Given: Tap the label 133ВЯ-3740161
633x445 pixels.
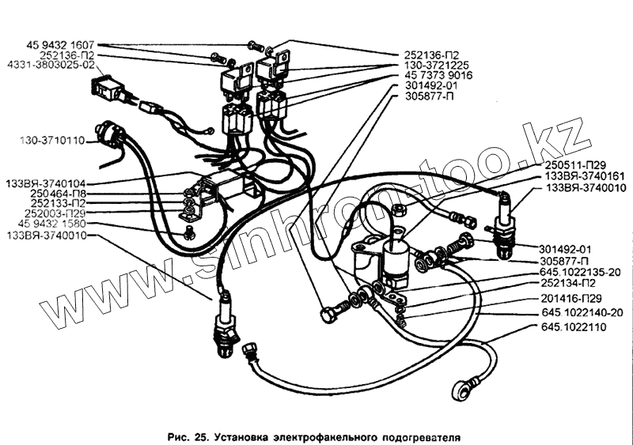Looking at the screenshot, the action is [582, 177].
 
